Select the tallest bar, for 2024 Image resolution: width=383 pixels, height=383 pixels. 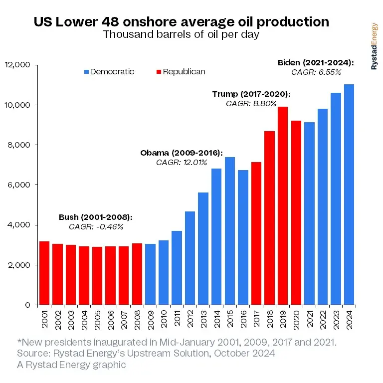(x=349, y=194)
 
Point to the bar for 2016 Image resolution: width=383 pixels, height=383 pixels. (x=243, y=237)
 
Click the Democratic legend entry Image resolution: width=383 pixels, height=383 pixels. (x=109, y=71)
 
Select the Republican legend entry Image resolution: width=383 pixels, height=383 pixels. (x=180, y=71)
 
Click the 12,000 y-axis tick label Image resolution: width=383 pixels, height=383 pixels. (x=18, y=65)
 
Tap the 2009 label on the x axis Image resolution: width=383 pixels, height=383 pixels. (x=150, y=318)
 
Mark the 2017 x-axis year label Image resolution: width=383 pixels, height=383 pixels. (x=256, y=318)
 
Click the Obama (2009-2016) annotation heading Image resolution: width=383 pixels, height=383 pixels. (x=182, y=153)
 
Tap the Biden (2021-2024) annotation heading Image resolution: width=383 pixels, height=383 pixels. (x=316, y=63)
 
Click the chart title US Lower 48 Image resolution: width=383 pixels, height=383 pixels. (x=181, y=22)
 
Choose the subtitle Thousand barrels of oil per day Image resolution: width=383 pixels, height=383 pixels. (x=181, y=35)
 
